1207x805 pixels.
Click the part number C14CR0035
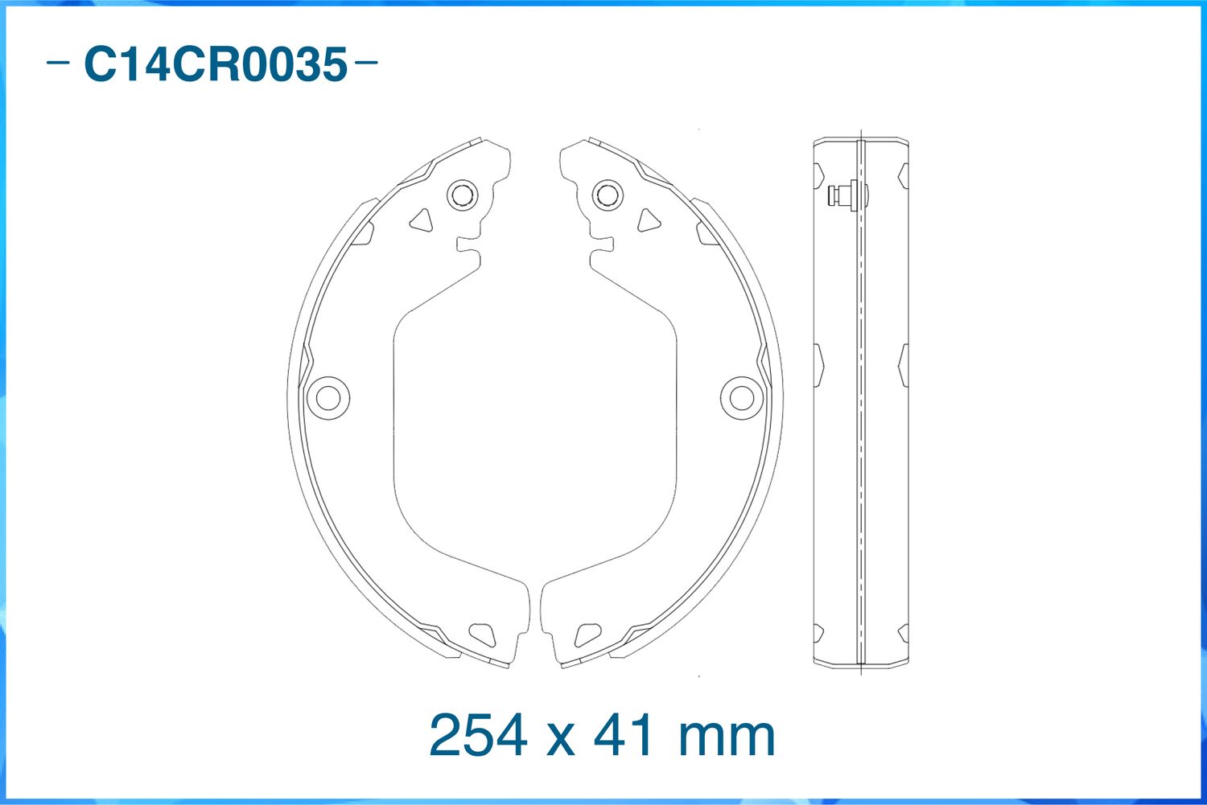pyautogui.click(x=216, y=64)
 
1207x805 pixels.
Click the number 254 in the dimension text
pyautogui.click(x=479, y=734)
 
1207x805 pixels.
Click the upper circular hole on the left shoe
pyautogui.click(x=461, y=195)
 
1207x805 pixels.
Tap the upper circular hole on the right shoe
pyautogui.click(x=607, y=195)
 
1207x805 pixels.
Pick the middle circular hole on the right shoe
pyautogui.click(x=741, y=397)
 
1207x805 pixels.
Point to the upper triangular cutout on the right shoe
pyautogui.click(x=648, y=220)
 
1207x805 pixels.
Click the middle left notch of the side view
pyautogui.click(x=818, y=365)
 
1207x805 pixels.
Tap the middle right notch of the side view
pyautogui.click(x=904, y=365)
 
